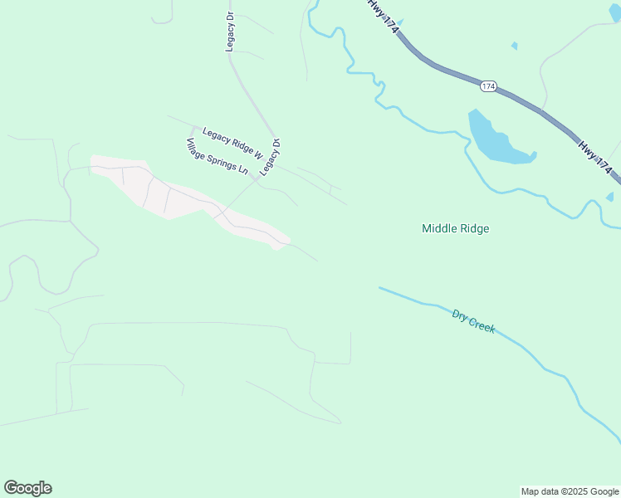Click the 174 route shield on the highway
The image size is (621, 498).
[488, 85]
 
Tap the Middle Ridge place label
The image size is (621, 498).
[455, 228]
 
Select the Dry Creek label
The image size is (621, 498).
[474, 320]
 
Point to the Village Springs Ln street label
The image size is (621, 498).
[218, 156]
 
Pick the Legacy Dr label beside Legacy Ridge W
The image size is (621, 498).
[271, 156]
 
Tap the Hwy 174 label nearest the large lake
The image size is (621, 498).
[598, 158]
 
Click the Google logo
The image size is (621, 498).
[27, 488]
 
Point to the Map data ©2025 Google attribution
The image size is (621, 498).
[570, 491]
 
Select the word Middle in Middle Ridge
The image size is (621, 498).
[438, 228]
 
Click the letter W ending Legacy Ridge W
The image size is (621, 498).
[258, 154]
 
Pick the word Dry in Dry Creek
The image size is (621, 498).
[459, 315]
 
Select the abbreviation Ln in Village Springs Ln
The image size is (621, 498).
[243, 169]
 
